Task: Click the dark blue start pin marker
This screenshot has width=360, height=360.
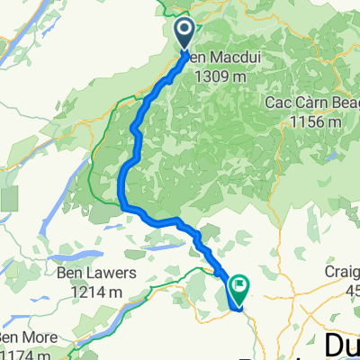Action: tap(184, 33)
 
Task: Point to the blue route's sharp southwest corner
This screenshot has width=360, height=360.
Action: tap(122, 206)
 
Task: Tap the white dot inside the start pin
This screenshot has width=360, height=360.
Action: tap(184, 30)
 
